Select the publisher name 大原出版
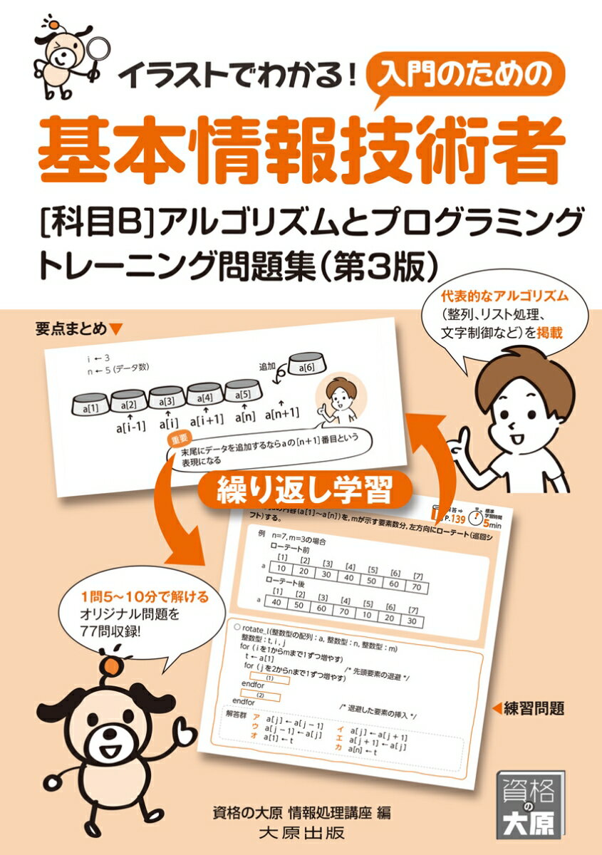302,831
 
